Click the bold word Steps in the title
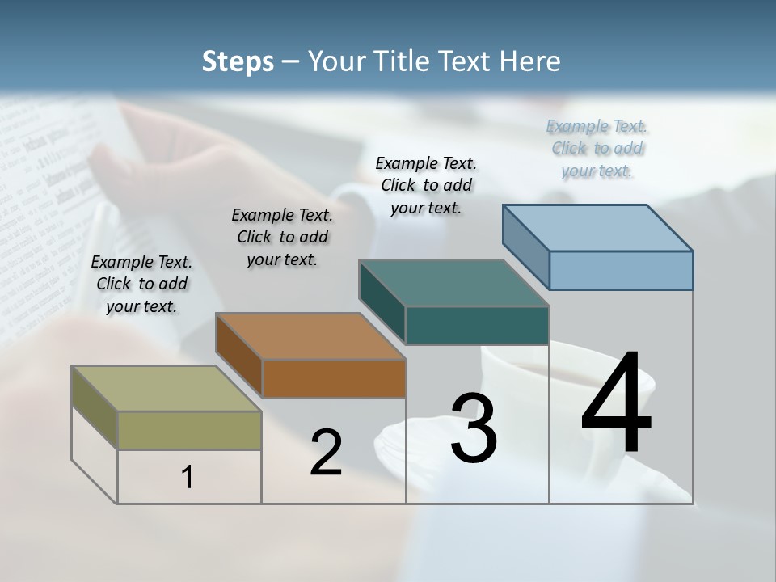tap(237, 61)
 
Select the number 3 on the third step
tap(473, 428)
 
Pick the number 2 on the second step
tap(326, 453)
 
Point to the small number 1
tap(188, 477)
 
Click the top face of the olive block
tap(166, 388)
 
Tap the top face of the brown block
tap(310, 335)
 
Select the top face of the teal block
tap(453, 283)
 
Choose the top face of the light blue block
tap(597, 228)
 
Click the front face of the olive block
tap(189, 430)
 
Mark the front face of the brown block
tap(334, 378)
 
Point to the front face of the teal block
tap(477, 325)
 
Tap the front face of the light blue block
tap(621, 270)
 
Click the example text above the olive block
tap(141, 284)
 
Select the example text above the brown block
tap(282, 237)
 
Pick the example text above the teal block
tap(426, 185)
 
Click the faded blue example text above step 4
tap(597, 148)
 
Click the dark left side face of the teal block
tap(382, 302)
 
